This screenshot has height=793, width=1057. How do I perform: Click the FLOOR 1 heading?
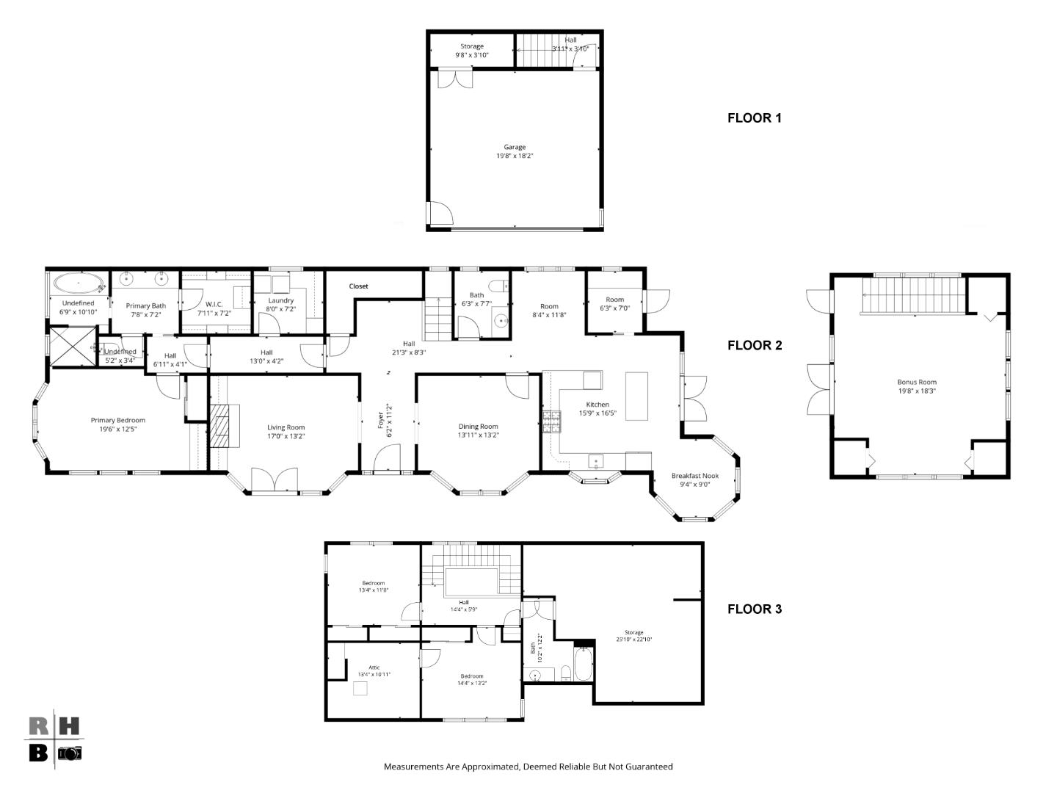tap(754, 117)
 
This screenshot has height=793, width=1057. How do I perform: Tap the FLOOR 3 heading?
tap(754, 609)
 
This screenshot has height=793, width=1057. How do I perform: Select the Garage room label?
tap(515, 147)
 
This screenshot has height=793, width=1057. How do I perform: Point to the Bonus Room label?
tap(917, 382)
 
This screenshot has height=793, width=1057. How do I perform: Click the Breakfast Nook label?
tap(694, 476)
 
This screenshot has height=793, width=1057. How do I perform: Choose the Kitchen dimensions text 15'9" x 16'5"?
tap(597, 414)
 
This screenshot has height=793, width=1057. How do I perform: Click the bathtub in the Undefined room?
tap(79, 283)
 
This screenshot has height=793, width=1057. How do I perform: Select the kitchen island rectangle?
tap(636, 396)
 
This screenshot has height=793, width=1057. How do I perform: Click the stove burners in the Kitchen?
tap(551, 420)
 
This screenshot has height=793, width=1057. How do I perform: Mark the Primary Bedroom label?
tap(117, 421)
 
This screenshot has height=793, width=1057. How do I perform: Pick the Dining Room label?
tap(478, 427)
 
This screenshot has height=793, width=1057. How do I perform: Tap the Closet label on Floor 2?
tap(358, 286)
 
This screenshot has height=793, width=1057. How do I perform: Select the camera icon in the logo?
tap(70, 753)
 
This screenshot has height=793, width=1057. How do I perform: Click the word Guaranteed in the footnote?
tap(649, 767)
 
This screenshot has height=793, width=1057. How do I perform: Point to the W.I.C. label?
tap(214, 305)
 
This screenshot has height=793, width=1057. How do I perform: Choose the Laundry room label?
tap(280, 300)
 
